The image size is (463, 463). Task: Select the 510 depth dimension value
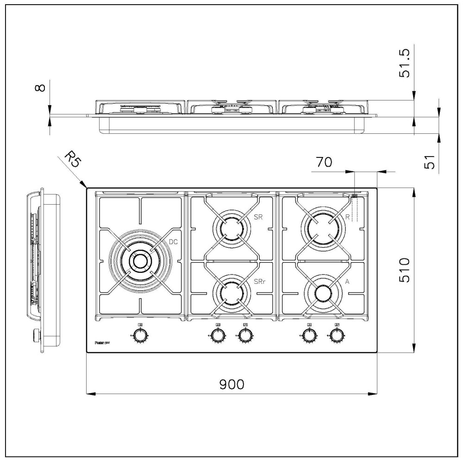pyautogui.click(x=404, y=270)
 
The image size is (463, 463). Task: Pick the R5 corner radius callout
pyautogui.click(x=72, y=159)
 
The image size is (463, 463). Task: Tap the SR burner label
pyautogui.click(x=258, y=217)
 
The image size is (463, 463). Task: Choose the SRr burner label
pyautogui.click(x=260, y=282)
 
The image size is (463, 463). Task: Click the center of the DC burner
pyautogui.click(x=138, y=261)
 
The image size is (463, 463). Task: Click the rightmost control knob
pyautogui.click(x=337, y=335)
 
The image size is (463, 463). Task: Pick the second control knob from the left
pyautogui.click(x=216, y=335)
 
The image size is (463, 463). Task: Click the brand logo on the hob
pyautogui.click(x=101, y=343)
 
